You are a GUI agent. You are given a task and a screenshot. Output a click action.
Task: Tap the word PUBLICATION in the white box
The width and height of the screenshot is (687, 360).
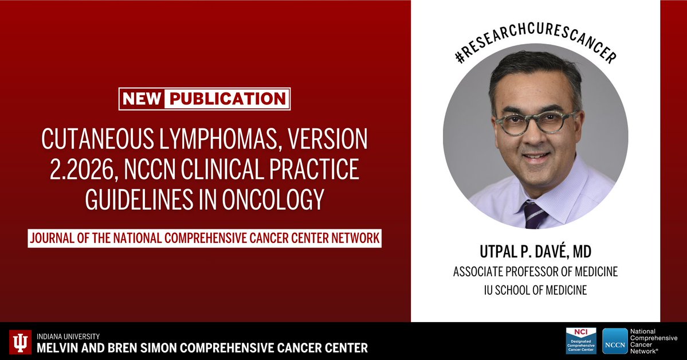point(226,99)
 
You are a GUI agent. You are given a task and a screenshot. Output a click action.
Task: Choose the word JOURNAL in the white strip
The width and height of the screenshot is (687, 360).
point(56,238)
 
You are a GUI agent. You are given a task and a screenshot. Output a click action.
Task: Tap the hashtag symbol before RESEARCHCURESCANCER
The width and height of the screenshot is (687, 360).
point(458,57)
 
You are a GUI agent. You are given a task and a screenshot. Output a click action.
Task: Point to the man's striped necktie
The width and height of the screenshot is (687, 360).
point(535,214)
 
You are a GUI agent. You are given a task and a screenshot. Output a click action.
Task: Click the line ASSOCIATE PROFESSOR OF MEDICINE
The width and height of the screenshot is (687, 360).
point(536,272)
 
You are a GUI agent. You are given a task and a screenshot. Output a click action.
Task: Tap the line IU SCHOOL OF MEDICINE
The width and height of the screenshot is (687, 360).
point(536,291)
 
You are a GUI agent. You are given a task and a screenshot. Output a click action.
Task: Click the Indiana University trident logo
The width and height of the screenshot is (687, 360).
point(21,342)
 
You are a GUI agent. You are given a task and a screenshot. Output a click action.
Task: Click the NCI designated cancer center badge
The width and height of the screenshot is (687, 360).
point(582,341)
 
